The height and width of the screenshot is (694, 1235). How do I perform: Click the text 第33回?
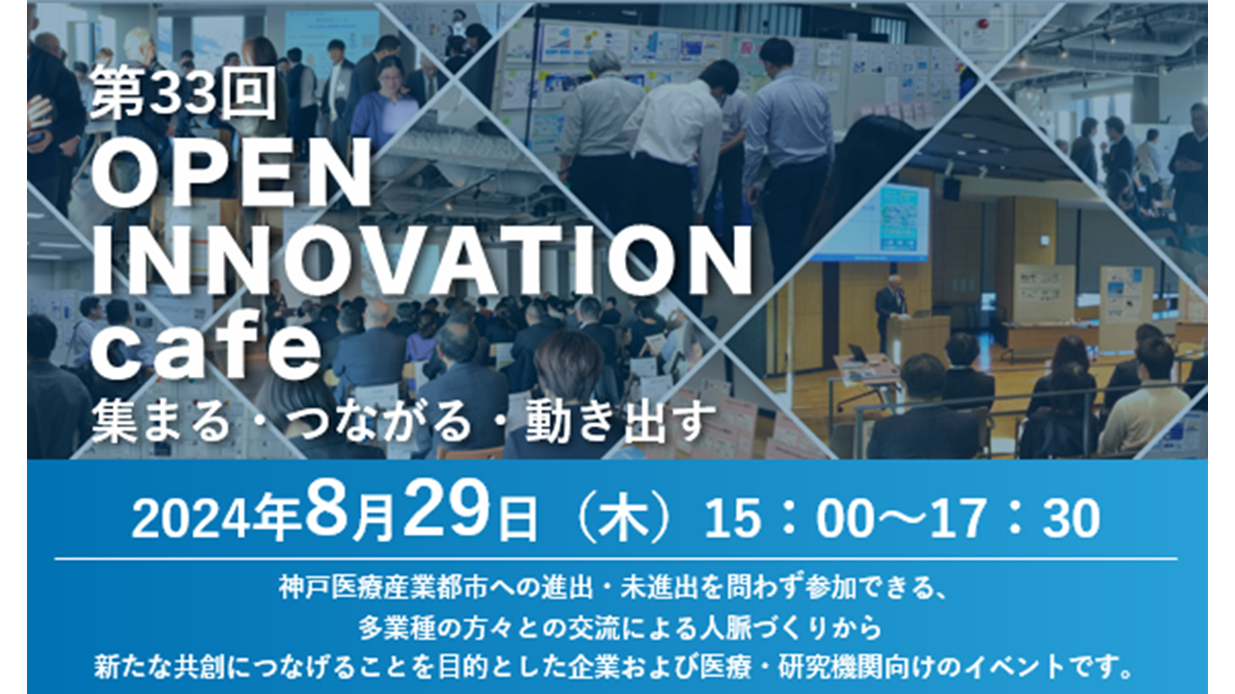(183, 93)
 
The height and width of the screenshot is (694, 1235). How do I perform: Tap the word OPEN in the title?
(232, 172)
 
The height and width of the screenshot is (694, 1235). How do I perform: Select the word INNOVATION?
(422, 260)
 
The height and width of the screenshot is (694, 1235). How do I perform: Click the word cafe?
(206, 346)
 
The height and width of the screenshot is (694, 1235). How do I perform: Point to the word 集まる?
(160, 421)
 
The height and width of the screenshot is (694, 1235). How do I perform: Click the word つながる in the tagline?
(379, 421)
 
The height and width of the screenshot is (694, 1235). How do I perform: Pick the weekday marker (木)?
(623, 519)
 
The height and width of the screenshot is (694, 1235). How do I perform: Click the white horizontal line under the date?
(616, 559)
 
